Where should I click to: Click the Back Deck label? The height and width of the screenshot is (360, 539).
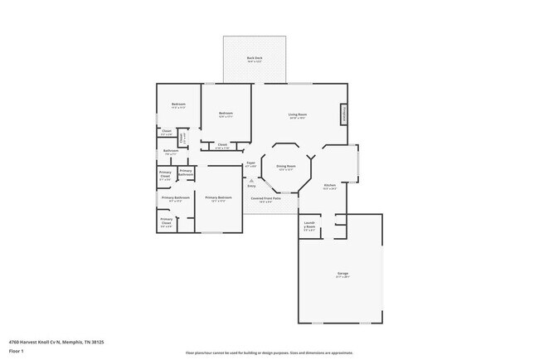tap(255, 57)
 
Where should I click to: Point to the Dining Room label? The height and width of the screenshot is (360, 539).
tap(286, 166)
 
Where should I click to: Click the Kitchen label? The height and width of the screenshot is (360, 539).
tap(329, 184)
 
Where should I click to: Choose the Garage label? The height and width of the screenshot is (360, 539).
tap(342, 273)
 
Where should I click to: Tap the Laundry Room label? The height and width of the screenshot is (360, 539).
tap(309, 225)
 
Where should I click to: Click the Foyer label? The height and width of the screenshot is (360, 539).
tap(250, 163)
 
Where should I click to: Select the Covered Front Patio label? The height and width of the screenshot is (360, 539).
tap(265, 198)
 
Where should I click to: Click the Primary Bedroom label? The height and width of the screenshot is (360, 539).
tap(218, 197)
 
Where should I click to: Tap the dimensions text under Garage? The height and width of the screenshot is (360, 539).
tap(342, 277)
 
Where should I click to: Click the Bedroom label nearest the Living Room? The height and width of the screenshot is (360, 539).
tap(226, 113)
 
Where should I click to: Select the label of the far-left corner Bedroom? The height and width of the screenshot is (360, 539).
tap(177, 104)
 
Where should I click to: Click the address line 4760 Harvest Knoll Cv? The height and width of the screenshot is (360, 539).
tap(56, 341)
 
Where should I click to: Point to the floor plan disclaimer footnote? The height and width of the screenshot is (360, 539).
tap(269, 353)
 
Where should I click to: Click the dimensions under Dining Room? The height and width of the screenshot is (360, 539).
tap(286, 170)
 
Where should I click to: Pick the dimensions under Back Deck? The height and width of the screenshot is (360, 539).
tap(255, 61)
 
